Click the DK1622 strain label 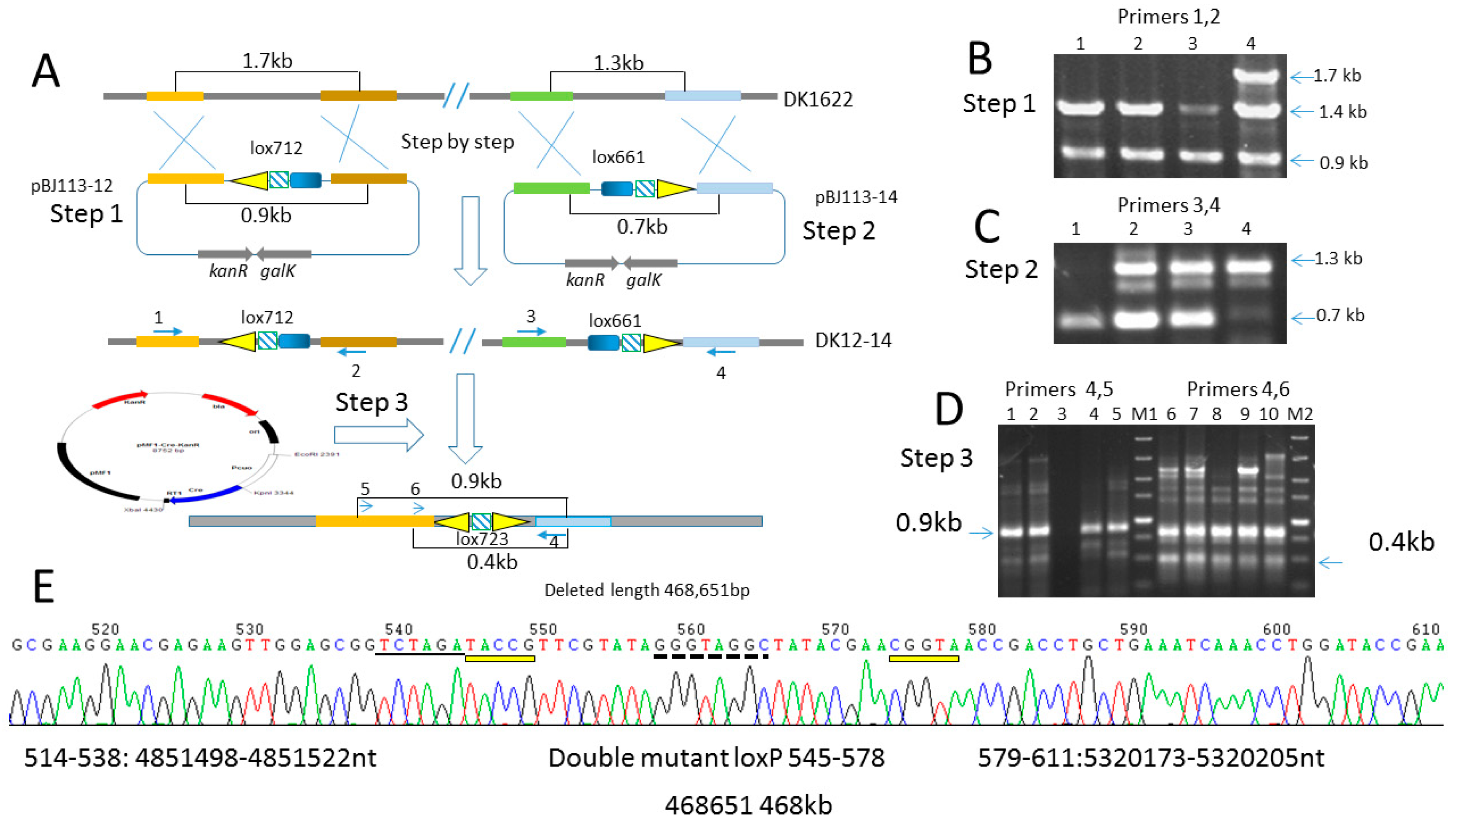[817, 100]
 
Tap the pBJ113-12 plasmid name [72, 186]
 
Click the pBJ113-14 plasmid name [856, 197]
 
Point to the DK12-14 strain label [852, 340]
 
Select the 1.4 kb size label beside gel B [1342, 112]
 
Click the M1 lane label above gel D [1144, 414]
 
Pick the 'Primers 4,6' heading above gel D [1238, 389]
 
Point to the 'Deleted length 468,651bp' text [647, 590]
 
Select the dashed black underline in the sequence [710, 657]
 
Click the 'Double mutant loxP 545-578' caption [716, 758]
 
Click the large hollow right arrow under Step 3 [378, 435]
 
